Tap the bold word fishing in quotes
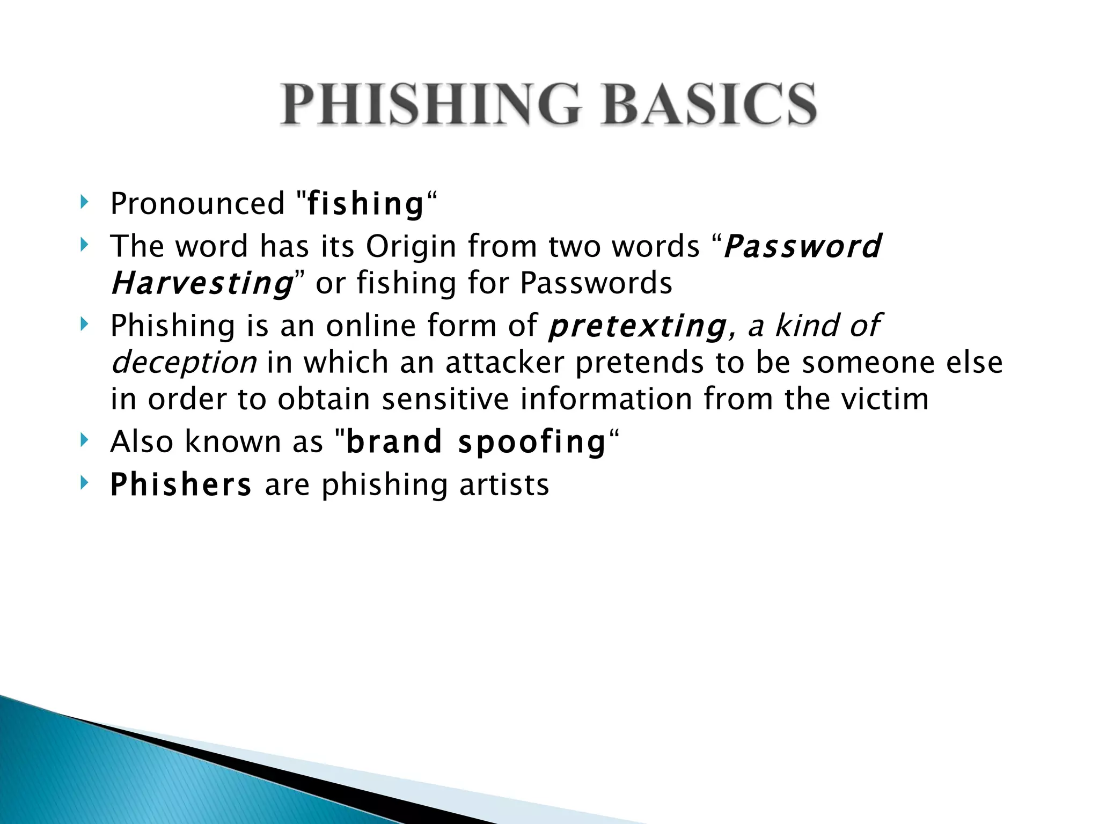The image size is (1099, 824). [x=365, y=204]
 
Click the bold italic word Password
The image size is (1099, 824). [x=802, y=247]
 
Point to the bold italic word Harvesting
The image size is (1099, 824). [x=202, y=283]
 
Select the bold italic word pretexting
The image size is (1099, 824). [x=637, y=326]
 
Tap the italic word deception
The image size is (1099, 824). [x=184, y=363]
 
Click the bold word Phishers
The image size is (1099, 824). [x=180, y=485]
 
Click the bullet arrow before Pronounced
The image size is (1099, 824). [x=84, y=202]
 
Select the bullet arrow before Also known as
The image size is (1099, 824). [x=84, y=440]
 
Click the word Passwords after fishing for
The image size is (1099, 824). [x=596, y=283]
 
